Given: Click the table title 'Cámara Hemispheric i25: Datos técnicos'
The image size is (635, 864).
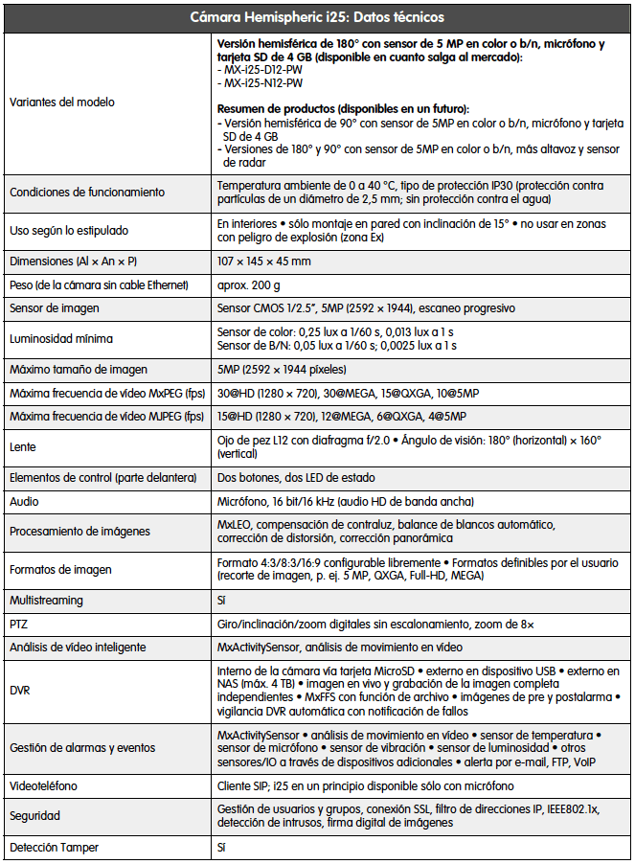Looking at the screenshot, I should click(316, 17).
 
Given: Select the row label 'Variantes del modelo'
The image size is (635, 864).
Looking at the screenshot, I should click(61, 102).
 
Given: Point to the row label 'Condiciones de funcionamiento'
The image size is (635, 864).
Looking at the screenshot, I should click(87, 193).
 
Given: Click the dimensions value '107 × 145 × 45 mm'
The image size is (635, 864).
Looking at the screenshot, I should click(264, 261).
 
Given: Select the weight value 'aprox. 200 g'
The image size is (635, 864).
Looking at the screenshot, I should click(249, 285).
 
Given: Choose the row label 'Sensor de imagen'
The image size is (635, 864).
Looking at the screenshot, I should click(55, 308).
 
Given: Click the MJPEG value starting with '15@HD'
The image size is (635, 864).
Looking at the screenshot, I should click(342, 417).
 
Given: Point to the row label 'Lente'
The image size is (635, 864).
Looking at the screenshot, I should click(23, 447).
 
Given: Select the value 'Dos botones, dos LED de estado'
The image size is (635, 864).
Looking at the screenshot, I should click(296, 478).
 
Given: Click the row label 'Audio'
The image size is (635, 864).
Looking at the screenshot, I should click(25, 501).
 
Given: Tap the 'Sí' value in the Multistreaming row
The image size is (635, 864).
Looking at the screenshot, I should click(222, 601).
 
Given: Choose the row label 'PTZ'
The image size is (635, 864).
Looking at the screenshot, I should click(19, 624).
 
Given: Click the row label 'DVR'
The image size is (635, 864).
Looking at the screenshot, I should click(20, 691).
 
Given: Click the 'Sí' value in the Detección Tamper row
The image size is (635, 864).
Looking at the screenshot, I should click(222, 848).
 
